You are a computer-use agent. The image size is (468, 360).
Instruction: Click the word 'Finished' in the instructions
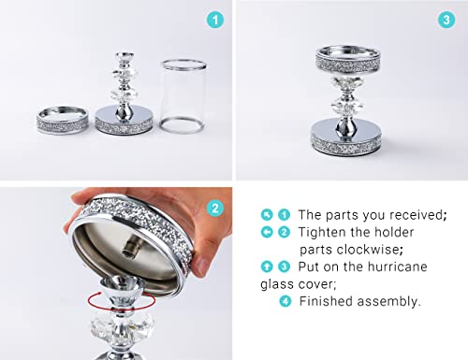pyautogui.click(x=328, y=301)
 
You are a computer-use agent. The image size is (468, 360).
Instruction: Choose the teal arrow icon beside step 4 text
pyautogui.click(x=285, y=301)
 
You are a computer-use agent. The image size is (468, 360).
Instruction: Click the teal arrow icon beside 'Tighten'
pyautogui.click(x=268, y=232)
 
